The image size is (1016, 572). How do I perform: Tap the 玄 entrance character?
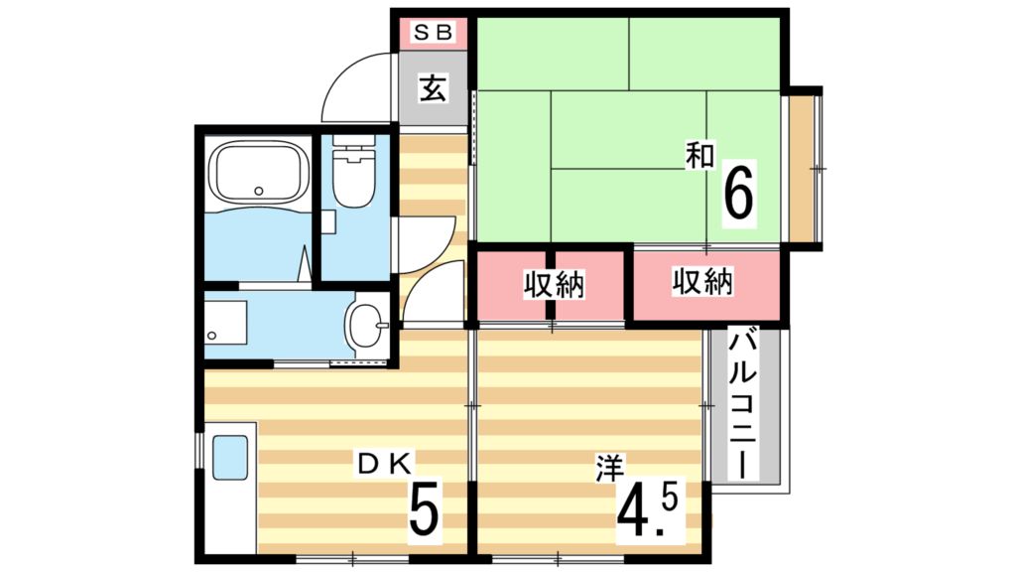432,89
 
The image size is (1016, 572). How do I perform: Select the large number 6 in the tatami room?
738,194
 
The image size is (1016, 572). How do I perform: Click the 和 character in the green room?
699,154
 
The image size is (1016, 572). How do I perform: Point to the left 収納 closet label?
554,285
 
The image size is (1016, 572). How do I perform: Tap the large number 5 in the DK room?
424,511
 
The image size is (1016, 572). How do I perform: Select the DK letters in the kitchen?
392,463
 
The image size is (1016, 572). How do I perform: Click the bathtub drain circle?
259,190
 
